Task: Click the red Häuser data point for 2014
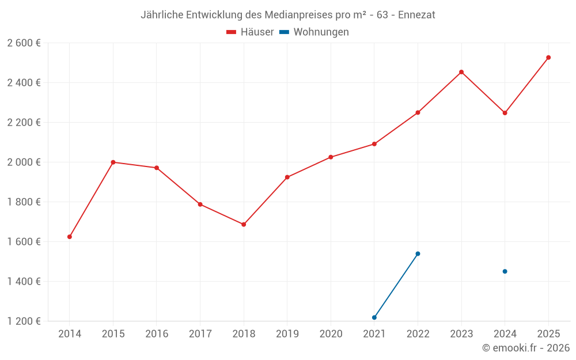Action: [x=70, y=237]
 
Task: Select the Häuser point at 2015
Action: [x=113, y=162]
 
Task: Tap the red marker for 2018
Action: [x=244, y=225]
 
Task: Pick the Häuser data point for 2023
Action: [x=461, y=72]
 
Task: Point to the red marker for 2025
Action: [x=548, y=58]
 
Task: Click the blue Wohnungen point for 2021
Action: [x=374, y=317]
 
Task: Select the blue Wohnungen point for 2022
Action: [x=418, y=253]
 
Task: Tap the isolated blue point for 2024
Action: [x=505, y=271]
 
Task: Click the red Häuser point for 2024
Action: [x=505, y=113]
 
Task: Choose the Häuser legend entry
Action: [x=250, y=32]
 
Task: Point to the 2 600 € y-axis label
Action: [x=24, y=43]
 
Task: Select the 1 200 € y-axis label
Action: [x=24, y=321]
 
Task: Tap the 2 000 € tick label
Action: [x=24, y=162]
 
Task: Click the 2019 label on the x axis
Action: [x=287, y=334]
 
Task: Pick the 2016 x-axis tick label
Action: [x=157, y=334]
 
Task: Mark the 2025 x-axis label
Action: [x=548, y=334]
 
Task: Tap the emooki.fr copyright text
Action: [x=526, y=348]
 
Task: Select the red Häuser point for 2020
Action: [x=331, y=157]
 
